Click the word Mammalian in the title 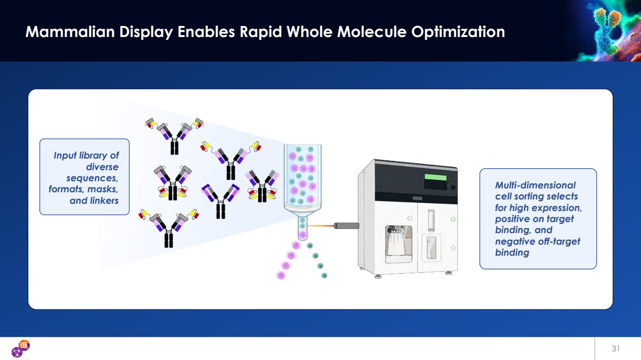click(x=70, y=31)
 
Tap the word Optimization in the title click(x=458, y=32)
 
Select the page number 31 click(x=616, y=348)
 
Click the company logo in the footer click(x=21, y=348)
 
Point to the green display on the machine click(x=435, y=177)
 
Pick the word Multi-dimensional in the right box click(x=535, y=185)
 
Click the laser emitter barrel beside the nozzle click(x=346, y=225)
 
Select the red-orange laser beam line click(x=320, y=226)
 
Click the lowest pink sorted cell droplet click(x=281, y=275)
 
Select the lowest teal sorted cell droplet click(x=324, y=275)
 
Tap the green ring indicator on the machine click(x=453, y=219)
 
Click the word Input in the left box click(x=65, y=156)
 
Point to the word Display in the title click(x=146, y=32)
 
